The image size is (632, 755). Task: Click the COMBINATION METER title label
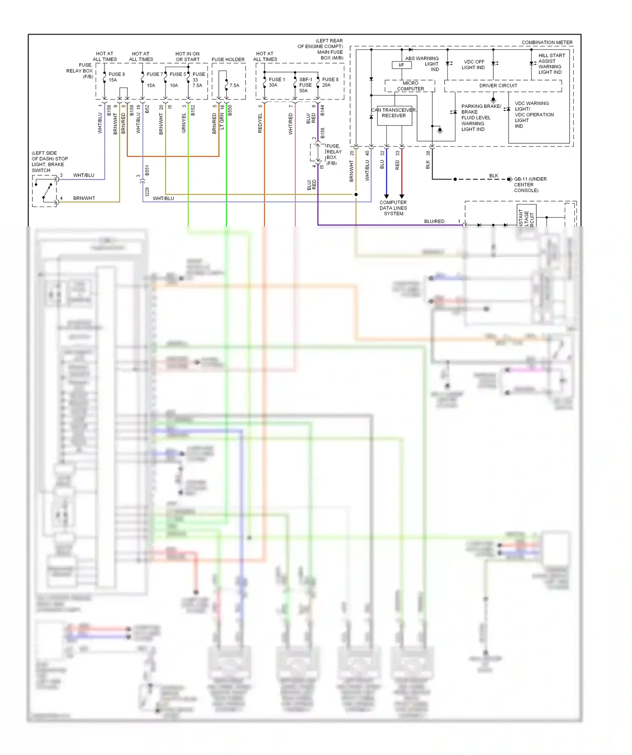tap(546, 43)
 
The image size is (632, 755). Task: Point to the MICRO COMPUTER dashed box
tap(410, 86)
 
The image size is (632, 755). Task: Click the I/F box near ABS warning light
tap(402, 65)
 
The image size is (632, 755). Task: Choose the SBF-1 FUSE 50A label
tap(305, 85)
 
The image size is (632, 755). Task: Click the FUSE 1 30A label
tap(276, 82)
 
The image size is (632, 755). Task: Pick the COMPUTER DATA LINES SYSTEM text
tap(393, 208)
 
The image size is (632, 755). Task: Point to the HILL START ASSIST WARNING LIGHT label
tap(551, 64)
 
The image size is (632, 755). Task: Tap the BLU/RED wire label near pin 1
tap(434, 221)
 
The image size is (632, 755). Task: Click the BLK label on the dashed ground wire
tap(493, 176)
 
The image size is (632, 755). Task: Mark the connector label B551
tap(147, 170)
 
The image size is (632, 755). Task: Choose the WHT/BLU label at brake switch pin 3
tap(83, 175)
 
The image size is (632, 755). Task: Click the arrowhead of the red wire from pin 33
tap(402, 196)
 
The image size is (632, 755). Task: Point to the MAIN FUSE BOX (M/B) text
tap(330, 55)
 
